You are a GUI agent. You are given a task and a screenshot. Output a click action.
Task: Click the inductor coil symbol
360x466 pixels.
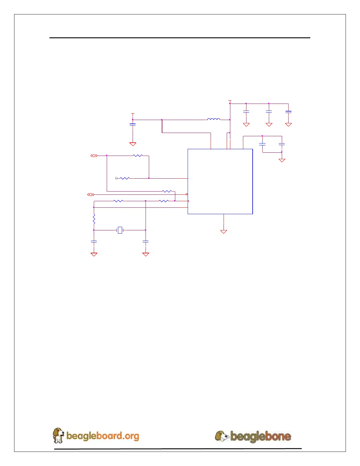(x=214, y=119)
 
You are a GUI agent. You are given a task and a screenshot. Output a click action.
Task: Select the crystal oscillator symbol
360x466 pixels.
(x=120, y=230)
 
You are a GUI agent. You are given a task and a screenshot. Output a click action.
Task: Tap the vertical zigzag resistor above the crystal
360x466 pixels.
(x=94, y=219)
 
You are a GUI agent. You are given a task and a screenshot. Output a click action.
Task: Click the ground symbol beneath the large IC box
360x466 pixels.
(x=224, y=232)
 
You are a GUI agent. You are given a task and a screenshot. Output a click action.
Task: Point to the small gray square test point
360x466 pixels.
(x=116, y=178)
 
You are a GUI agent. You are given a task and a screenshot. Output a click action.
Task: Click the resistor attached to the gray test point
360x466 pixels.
(x=125, y=178)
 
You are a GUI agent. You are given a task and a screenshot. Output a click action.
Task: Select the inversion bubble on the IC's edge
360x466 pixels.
(x=187, y=194)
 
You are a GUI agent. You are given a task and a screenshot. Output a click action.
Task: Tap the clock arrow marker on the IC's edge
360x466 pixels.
(x=188, y=201)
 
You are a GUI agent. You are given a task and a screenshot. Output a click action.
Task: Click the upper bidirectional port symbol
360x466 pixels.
(x=94, y=156)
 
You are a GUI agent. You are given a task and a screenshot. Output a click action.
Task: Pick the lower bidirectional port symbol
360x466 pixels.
(x=91, y=194)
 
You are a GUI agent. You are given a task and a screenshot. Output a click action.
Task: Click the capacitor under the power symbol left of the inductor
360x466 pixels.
(x=133, y=125)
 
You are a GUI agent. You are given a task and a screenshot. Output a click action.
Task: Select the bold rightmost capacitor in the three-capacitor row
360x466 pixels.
(x=289, y=112)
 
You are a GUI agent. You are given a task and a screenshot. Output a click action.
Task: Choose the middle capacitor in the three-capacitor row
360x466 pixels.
(x=269, y=112)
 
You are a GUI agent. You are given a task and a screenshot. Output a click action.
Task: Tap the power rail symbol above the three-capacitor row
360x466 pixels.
(x=230, y=101)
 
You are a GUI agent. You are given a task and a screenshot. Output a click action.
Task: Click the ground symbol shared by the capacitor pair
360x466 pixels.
(x=282, y=160)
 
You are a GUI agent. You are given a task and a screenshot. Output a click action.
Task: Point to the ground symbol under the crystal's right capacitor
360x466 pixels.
(x=146, y=254)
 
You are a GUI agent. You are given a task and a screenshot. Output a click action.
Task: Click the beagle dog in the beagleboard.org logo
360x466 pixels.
(x=58, y=435)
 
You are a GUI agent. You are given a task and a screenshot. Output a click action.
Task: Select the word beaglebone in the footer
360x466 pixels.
(x=261, y=436)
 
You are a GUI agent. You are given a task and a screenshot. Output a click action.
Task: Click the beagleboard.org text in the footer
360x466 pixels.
(x=103, y=436)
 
